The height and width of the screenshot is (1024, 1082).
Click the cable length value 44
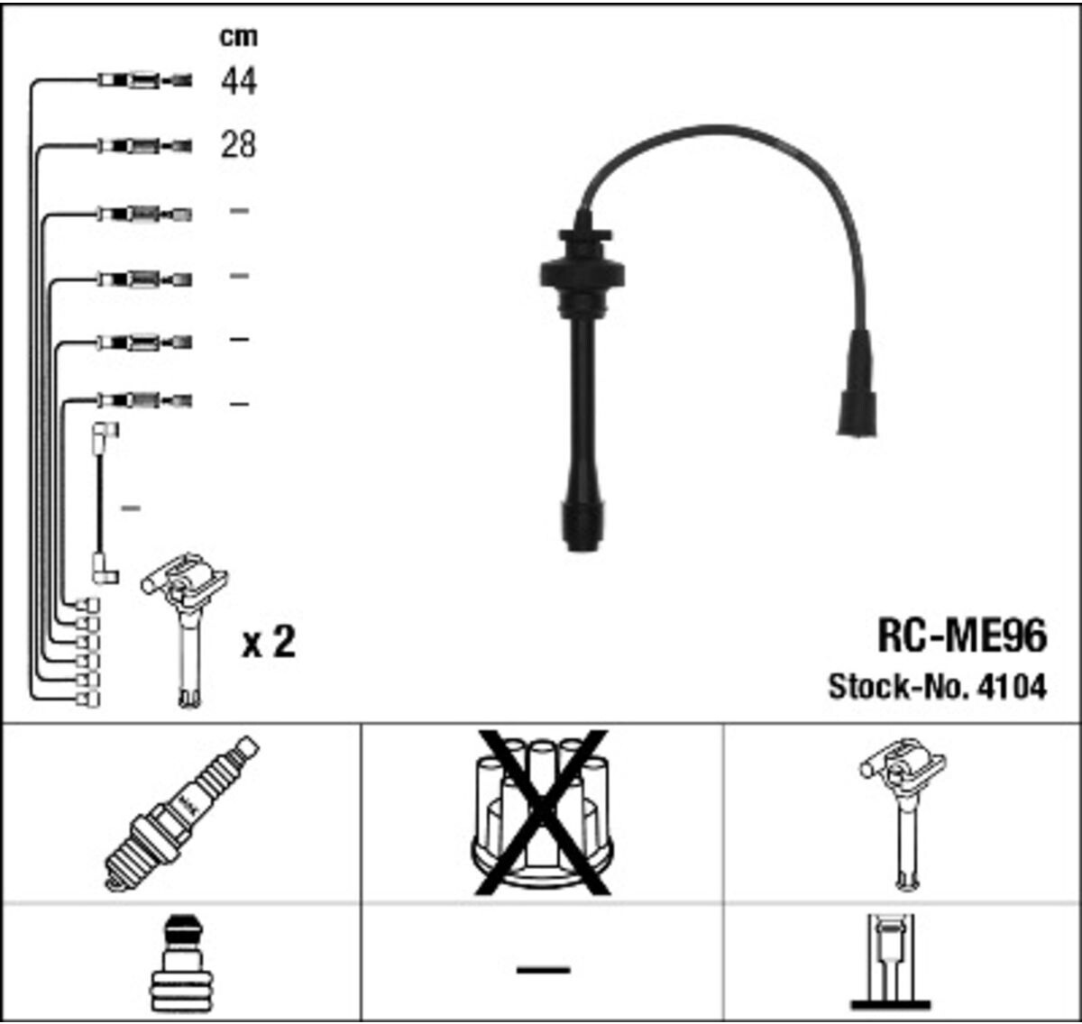coord(238,81)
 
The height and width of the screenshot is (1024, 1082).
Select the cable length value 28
coord(238,145)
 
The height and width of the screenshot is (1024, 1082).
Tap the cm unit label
coord(238,36)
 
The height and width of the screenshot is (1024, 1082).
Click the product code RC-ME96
coord(961,636)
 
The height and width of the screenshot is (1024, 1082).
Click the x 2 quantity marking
coord(269,642)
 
